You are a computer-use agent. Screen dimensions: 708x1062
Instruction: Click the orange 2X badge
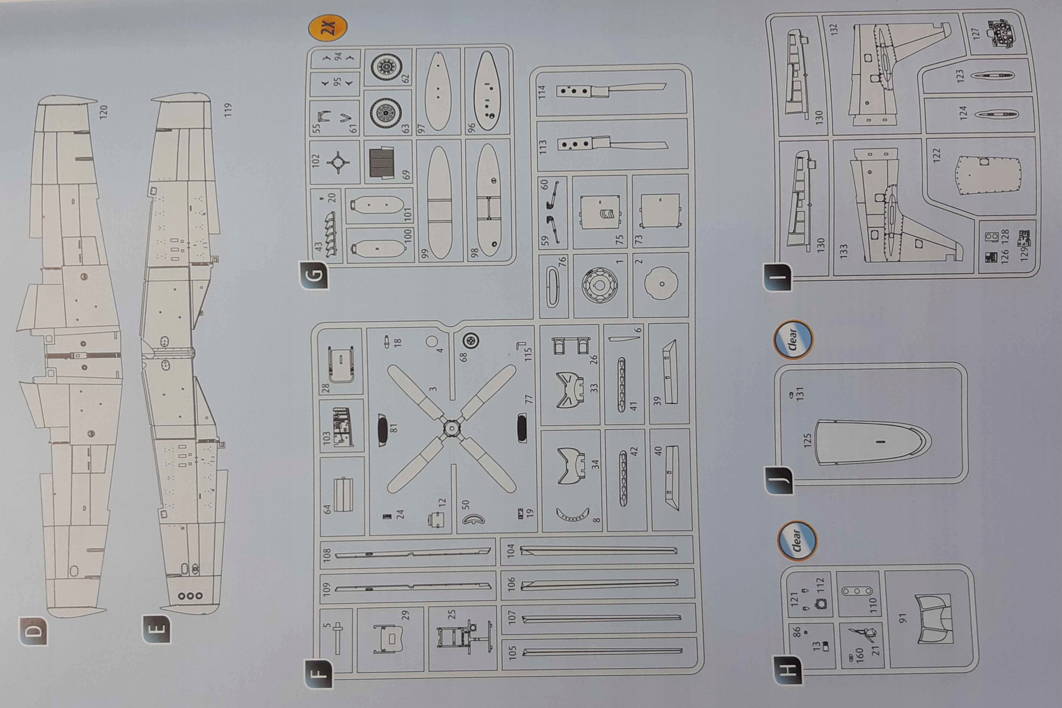[x=328, y=28]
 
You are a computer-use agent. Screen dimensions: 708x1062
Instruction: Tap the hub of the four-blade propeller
[x=451, y=428]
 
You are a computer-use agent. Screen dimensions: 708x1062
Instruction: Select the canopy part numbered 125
[x=872, y=443]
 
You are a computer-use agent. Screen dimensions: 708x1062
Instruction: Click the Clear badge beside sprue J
[x=793, y=340]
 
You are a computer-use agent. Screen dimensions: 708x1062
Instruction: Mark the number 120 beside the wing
[x=103, y=112]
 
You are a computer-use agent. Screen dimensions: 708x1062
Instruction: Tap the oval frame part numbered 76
[x=553, y=287]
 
